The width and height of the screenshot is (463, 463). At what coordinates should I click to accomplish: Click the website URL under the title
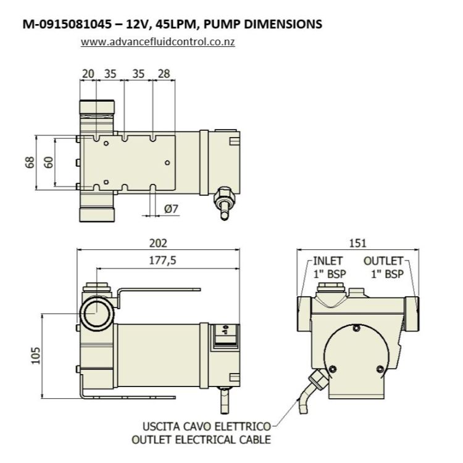pos(158,43)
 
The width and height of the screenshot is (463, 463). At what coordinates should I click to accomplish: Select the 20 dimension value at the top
pos(88,74)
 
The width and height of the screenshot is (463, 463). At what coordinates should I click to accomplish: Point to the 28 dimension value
pos(164,74)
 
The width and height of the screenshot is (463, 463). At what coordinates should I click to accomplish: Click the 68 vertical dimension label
pos(30,163)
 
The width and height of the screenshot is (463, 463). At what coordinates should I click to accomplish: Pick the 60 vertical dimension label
pos(49,163)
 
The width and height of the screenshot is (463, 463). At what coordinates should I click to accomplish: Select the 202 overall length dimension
pos(159,244)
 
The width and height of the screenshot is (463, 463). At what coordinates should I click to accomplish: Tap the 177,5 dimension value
pos(162,260)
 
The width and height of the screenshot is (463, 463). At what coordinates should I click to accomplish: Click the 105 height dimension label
pos(36,354)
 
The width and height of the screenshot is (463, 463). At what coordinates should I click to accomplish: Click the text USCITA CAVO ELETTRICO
pos(207,427)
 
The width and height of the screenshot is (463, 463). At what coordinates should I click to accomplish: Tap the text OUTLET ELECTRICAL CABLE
pos(201,440)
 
